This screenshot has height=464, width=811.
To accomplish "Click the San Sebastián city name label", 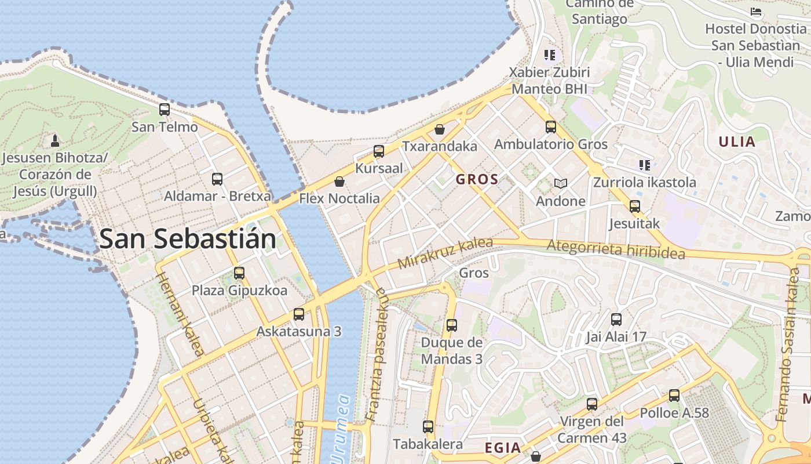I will (187, 239).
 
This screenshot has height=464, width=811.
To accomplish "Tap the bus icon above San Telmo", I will (165, 109).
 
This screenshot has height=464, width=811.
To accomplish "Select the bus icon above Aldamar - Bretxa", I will (217, 179).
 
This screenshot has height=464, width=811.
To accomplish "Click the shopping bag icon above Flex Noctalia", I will (339, 182).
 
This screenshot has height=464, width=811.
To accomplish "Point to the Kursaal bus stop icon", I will (379, 151).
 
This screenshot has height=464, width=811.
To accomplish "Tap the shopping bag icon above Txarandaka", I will (440, 129).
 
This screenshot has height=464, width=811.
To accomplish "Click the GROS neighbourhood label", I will (477, 179).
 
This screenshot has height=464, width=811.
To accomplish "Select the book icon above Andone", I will (560, 184).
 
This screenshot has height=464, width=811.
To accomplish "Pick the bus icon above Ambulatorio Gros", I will (551, 126).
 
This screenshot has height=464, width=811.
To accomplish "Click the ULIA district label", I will (737, 142).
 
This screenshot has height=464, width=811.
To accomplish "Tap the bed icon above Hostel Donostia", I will (756, 12).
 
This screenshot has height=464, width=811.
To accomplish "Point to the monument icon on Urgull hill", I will (55, 140).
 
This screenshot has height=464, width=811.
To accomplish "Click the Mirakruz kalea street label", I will (445, 253).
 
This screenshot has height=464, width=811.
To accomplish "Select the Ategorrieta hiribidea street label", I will (616, 249).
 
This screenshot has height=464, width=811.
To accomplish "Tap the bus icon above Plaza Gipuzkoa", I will (239, 273).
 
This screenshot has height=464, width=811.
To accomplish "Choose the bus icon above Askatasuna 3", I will (299, 314).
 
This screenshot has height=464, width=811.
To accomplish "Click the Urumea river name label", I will (341, 426).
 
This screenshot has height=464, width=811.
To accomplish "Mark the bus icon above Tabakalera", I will (428, 427).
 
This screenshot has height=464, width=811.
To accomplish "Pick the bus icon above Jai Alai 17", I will (616, 320).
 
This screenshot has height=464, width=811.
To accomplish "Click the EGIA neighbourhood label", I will (503, 448).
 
